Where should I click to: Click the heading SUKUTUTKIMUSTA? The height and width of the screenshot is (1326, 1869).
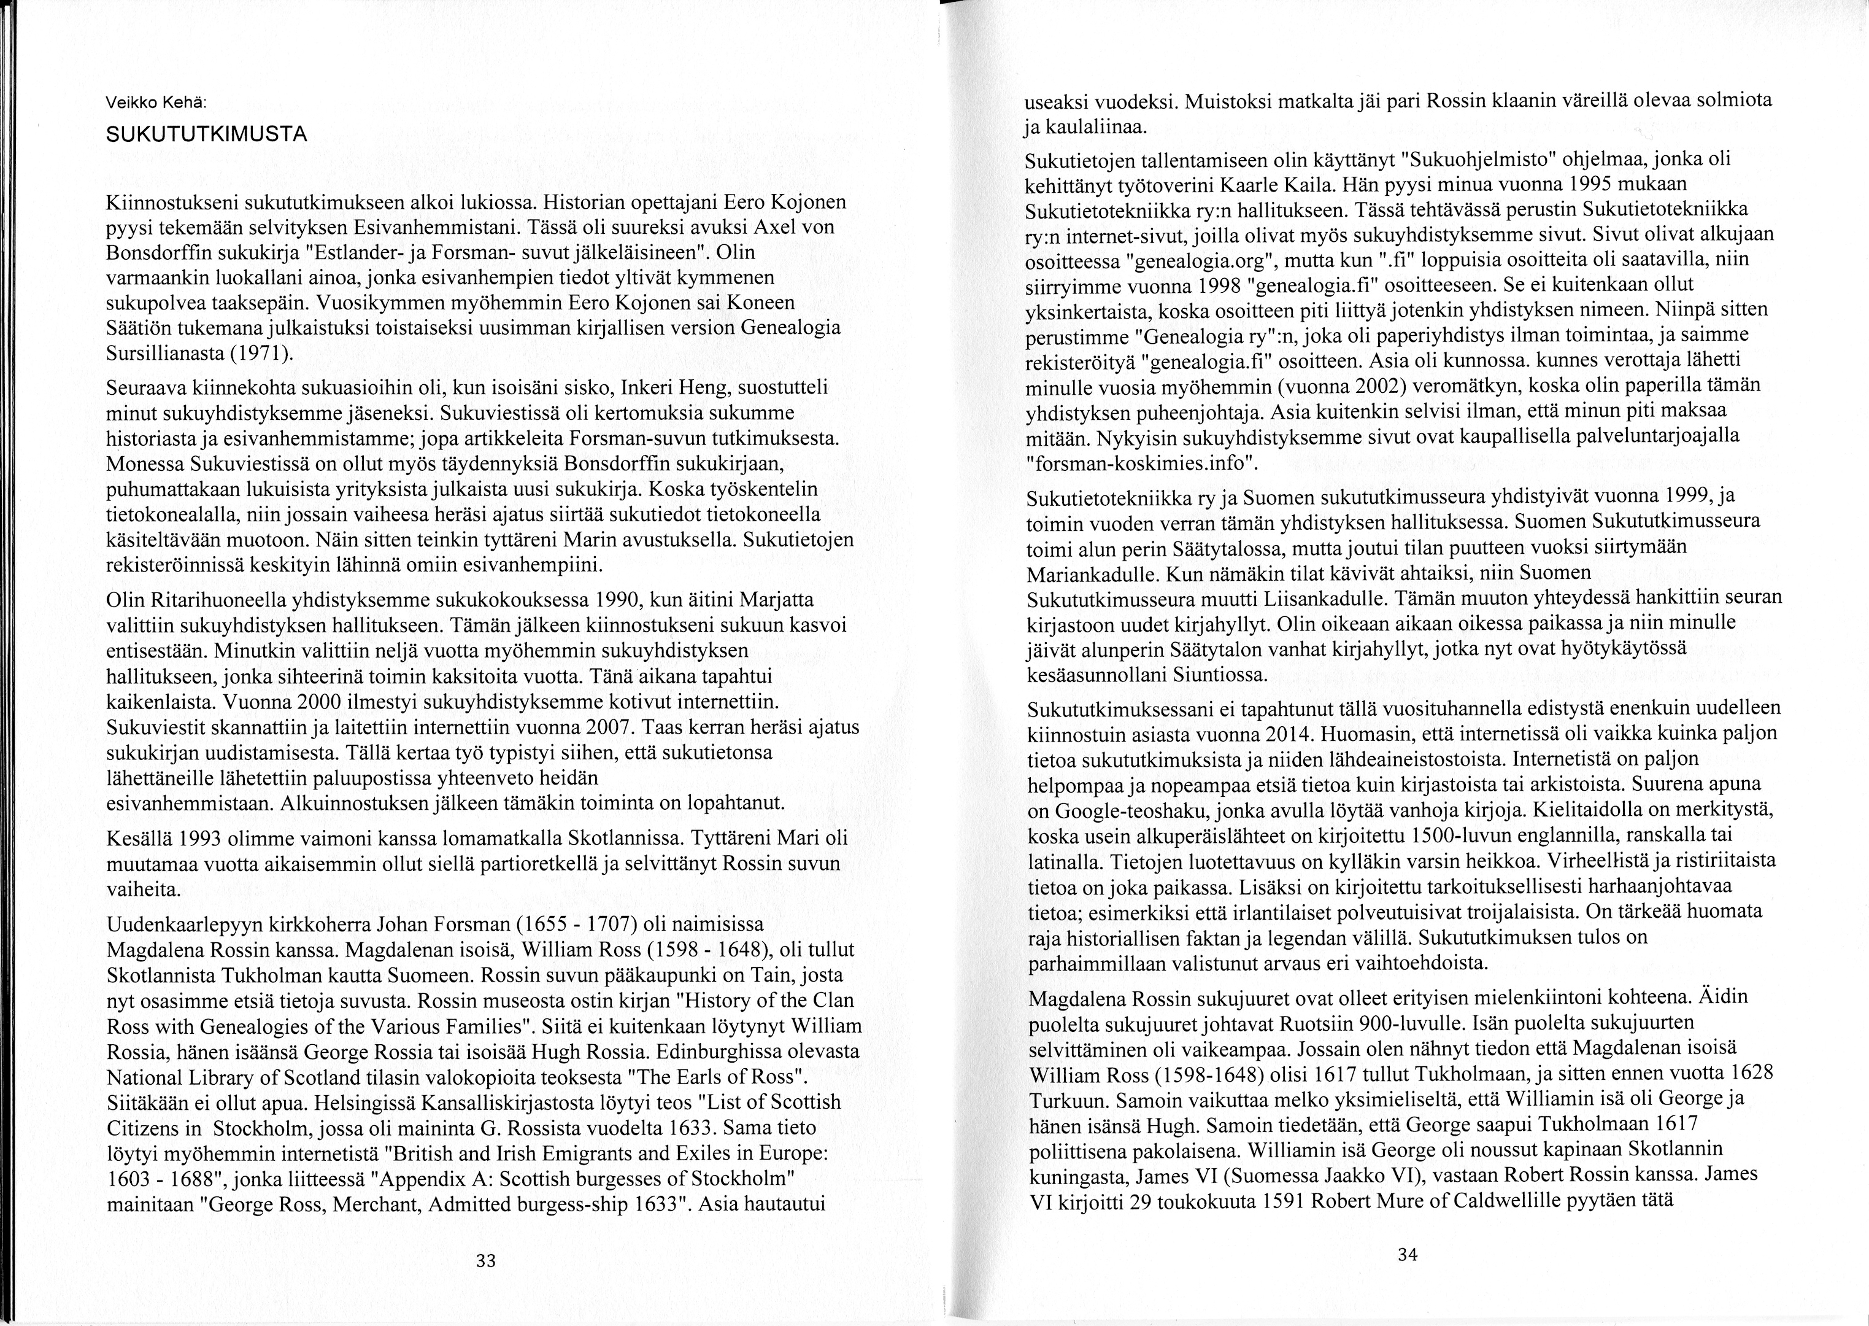(207, 134)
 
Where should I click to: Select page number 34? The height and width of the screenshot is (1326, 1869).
(1407, 1255)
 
